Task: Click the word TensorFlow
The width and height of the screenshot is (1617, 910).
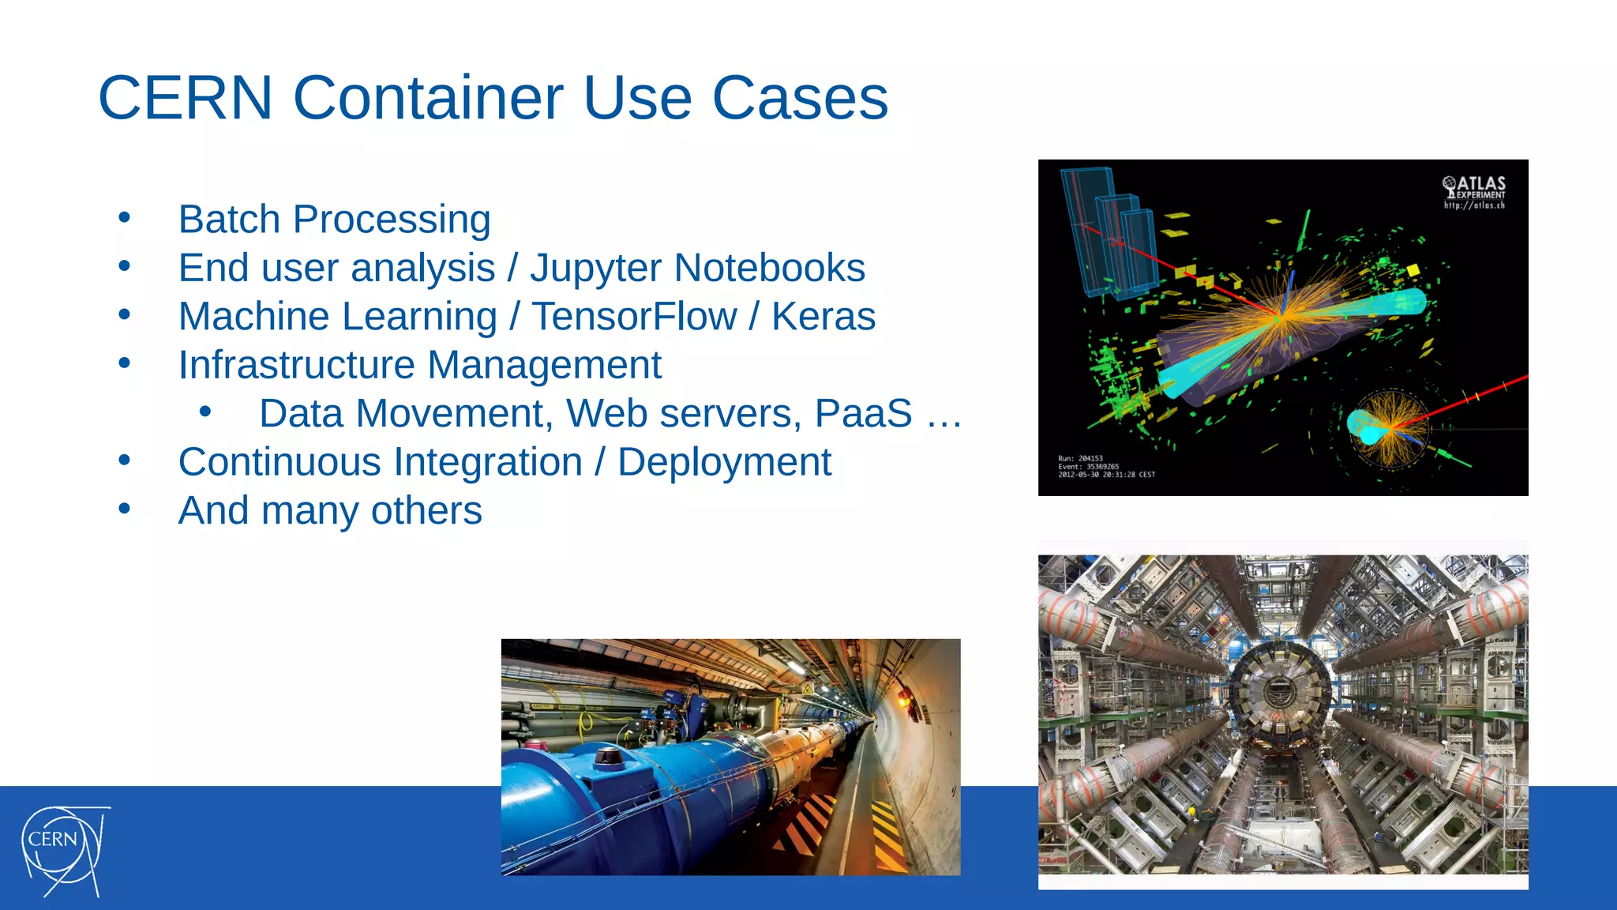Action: tap(634, 317)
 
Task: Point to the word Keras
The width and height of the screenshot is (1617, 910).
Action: tap(823, 317)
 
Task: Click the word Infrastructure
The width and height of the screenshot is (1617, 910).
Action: tap(296, 365)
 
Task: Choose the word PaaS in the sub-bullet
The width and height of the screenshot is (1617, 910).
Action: tap(863, 414)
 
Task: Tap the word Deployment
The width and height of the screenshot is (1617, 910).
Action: tap(723, 462)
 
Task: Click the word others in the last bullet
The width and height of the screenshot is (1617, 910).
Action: tap(426, 511)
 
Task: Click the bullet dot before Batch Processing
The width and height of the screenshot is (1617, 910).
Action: tap(124, 217)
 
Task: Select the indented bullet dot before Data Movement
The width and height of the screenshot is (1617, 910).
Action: tap(205, 412)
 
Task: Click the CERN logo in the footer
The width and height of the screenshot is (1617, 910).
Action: tap(63, 850)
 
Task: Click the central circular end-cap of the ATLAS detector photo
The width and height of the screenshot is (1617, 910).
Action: tap(1277, 692)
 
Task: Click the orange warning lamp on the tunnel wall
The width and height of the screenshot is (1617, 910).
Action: tap(903, 698)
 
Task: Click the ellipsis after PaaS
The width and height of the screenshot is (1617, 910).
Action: tap(944, 414)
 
